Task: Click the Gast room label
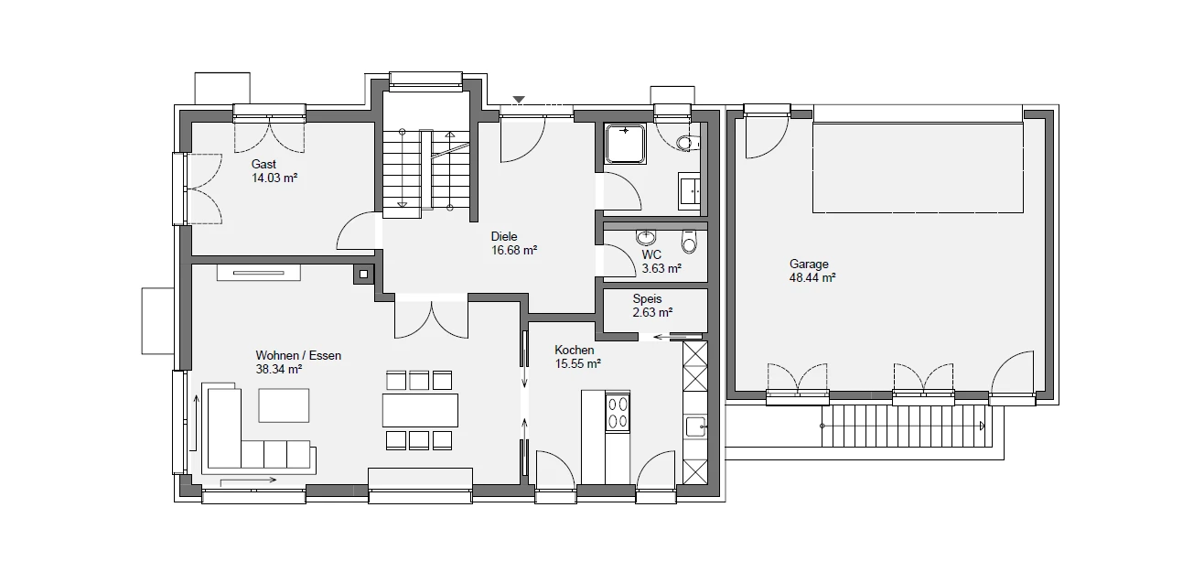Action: (263, 164)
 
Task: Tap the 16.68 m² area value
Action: (514, 250)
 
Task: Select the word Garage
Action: (809, 265)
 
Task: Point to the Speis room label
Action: (647, 298)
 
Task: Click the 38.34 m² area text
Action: (278, 370)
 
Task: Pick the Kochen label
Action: (574, 351)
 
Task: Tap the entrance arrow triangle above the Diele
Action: (518, 100)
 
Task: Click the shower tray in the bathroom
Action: (625, 144)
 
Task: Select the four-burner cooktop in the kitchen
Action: (618, 413)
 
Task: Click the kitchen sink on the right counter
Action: (696, 426)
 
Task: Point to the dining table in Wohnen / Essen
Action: (420, 410)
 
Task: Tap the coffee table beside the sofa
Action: (284, 405)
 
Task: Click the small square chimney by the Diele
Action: (364, 275)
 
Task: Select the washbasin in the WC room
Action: (646, 237)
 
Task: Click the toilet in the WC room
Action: (689, 242)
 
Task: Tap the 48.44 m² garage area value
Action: (812, 278)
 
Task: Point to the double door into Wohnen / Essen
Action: (432, 319)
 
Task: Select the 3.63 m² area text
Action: (661, 268)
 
